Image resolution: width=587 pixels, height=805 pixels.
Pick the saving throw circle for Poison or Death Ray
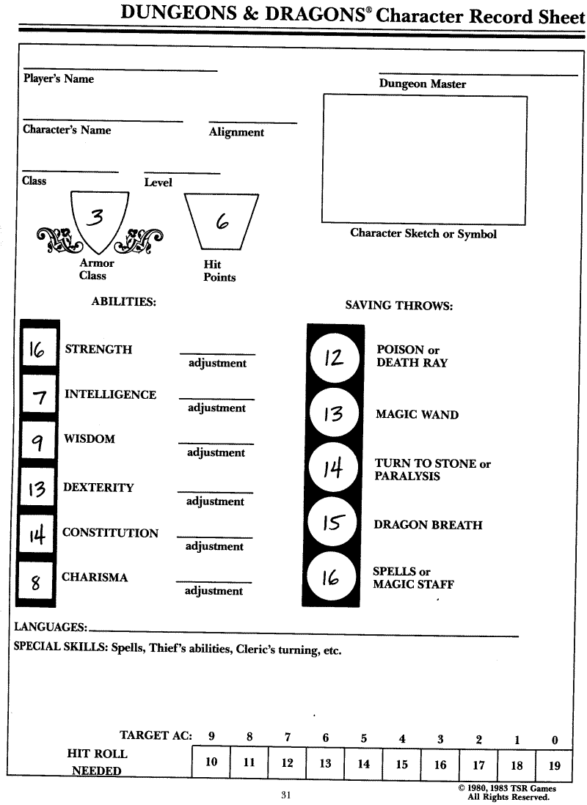(334, 358)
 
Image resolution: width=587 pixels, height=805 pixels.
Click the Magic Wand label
(417, 414)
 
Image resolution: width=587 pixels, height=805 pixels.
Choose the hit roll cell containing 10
(211, 762)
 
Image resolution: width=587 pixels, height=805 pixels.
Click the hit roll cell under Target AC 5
(364, 763)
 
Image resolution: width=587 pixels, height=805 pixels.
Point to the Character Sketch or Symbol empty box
(424, 159)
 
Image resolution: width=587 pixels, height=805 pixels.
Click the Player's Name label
(59, 78)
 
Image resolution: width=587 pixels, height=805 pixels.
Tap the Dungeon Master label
(422, 84)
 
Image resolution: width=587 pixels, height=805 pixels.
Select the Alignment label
(236, 132)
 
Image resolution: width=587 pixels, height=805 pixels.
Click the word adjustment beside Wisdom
(216, 453)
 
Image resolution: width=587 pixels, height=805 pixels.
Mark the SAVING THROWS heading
(398, 305)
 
